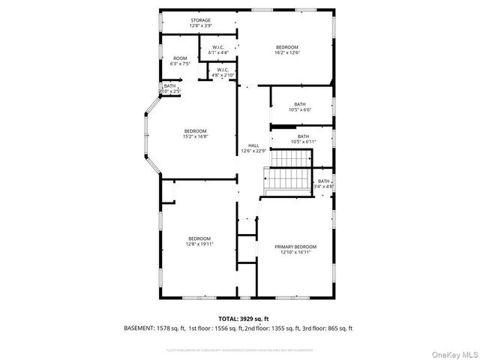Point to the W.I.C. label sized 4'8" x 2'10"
tap(223, 73)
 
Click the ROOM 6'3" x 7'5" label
tap(180, 61)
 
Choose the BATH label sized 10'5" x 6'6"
tap(299, 106)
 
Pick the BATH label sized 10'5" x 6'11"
tap(303, 139)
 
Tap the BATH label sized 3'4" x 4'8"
tap(325, 183)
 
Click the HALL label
tap(253, 145)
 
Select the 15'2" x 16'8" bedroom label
tap(195, 133)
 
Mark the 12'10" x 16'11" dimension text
tap(295, 252)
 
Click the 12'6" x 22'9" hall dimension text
tap(253, 151)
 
